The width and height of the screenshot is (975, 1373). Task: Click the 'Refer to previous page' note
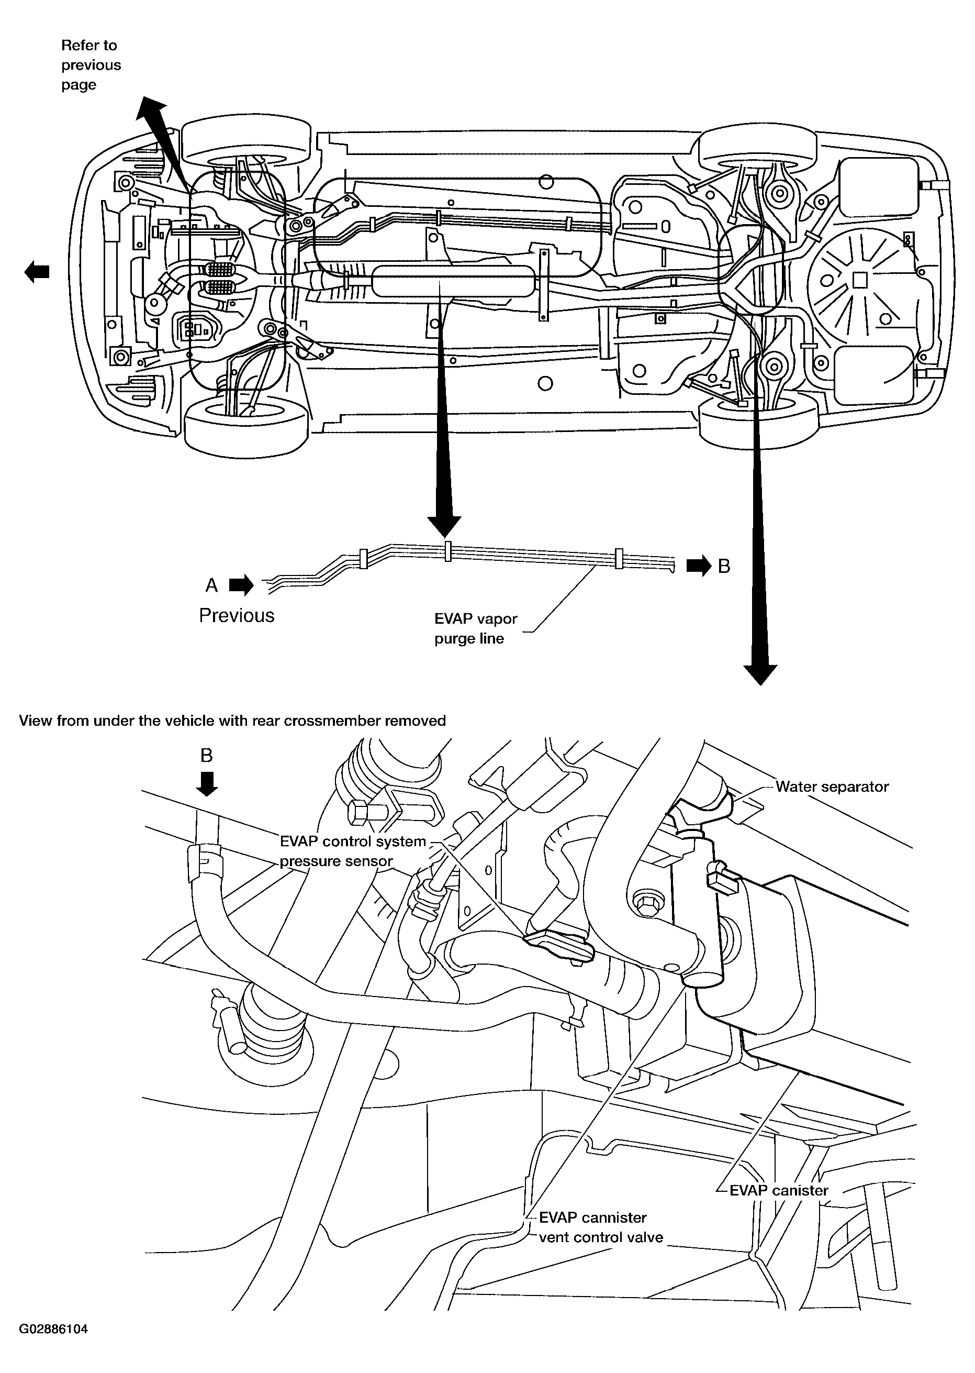(91, 65)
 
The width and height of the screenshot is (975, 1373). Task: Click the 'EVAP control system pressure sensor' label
(353, 851)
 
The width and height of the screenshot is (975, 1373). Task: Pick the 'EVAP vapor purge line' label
(476, 628)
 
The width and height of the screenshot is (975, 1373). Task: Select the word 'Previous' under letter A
(237, 616)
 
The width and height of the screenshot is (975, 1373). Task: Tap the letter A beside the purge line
(211, 585)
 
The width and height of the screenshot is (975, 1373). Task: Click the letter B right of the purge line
(724, 566)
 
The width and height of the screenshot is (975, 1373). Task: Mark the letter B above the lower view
(207, 755)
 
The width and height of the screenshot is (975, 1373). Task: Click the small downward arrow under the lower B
(207, 784)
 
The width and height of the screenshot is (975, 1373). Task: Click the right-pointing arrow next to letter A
(241, 585)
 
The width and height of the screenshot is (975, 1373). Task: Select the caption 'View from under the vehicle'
(232, 720)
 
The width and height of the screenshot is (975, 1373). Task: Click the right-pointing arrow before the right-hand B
(698, 566)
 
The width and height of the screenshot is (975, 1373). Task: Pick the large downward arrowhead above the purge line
(444, 526)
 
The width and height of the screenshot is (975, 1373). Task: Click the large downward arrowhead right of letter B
(760, 674)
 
